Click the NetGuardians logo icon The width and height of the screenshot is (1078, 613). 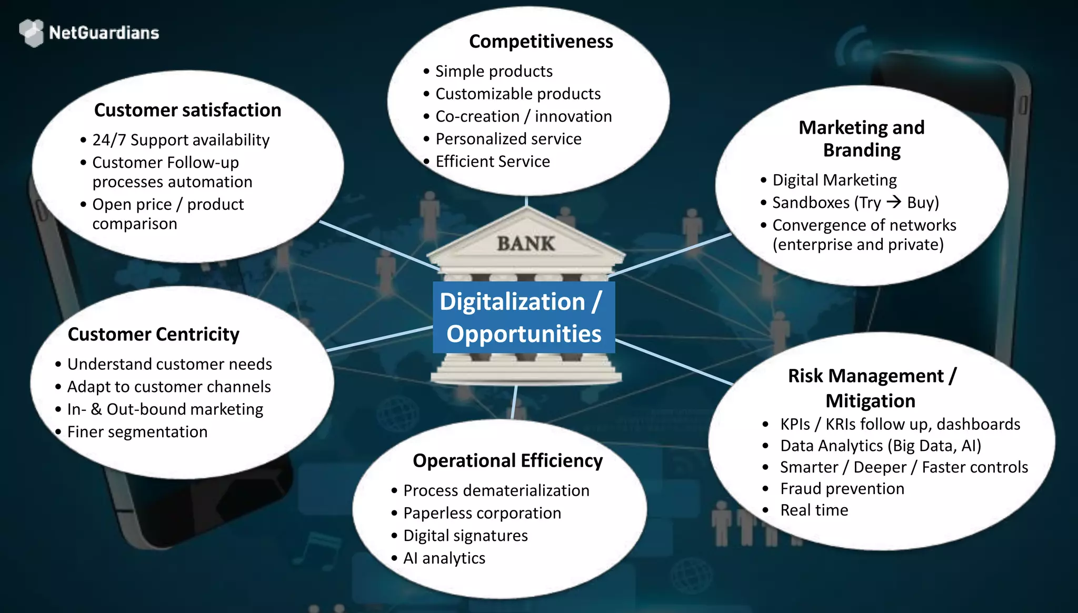point(32,33)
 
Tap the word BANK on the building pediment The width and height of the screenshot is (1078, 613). point(526,244)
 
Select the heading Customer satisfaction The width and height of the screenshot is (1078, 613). point(187,110)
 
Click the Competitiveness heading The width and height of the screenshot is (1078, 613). point(541,42)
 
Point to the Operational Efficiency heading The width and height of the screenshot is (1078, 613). point(507,460)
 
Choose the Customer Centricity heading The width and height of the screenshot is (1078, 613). point(153,334)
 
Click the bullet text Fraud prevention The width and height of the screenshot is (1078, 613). point(842,488)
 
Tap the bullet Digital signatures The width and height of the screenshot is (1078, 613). point(465,536)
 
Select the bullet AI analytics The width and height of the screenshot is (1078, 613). point(444,558)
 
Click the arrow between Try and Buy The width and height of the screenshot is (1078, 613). point(894,202)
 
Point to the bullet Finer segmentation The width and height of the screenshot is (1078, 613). point(137,432)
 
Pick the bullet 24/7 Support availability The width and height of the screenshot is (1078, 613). point(181,140)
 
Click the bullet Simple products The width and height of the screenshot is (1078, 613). point(494,71)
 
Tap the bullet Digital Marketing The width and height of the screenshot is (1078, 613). point(834,180)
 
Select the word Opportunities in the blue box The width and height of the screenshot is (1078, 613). point(524,334)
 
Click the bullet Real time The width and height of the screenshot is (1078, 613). point(814,510)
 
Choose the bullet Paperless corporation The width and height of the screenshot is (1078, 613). point(482,513)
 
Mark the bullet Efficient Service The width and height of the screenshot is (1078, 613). point(492,162)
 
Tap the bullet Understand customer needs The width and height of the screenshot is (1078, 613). point(169,364)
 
